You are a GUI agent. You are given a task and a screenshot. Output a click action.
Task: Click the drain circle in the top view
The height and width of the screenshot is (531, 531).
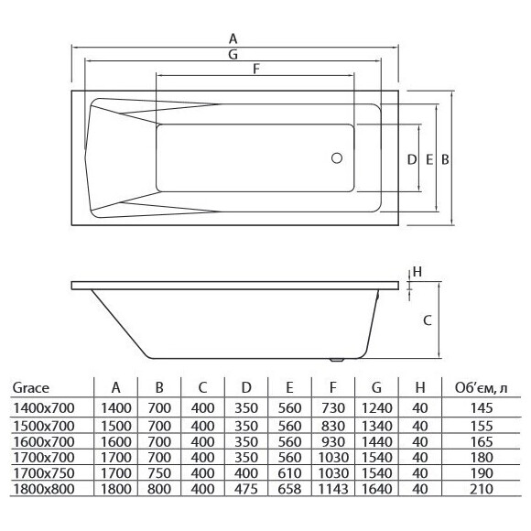tap(337, 157)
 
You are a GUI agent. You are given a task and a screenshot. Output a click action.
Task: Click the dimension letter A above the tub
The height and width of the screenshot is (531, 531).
tap(233, 39)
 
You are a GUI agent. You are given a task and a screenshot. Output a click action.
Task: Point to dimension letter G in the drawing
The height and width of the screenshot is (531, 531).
tap(233, 54)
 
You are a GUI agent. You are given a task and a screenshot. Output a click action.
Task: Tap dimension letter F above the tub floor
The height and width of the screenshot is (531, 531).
tap(256, 69)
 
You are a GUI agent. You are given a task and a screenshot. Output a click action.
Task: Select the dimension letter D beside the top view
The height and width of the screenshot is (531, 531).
tap(411, 159)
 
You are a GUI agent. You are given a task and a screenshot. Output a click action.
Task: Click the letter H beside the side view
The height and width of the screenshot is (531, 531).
tap(417, 272)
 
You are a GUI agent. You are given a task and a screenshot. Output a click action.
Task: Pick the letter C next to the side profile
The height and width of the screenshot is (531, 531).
tap(428, 320)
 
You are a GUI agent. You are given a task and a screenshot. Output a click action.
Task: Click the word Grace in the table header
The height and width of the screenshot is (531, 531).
tap(31, 388)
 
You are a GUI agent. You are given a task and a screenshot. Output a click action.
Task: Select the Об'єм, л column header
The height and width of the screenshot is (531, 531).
tap(482, 388)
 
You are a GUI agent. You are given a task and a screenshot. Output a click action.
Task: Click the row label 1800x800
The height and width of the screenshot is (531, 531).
tap(44, 489)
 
